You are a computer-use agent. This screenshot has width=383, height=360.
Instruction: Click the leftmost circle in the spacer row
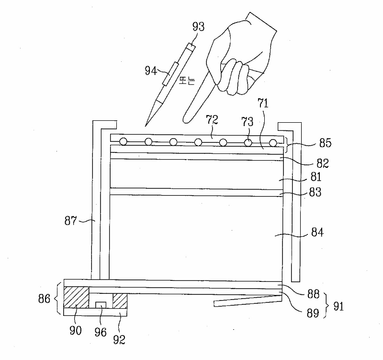coord(124,142)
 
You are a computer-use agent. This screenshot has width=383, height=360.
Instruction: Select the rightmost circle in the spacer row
coord(273,142)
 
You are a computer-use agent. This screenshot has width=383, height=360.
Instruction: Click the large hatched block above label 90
coord(77,298)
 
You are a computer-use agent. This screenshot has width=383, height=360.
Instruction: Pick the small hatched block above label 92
coord(119,301)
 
